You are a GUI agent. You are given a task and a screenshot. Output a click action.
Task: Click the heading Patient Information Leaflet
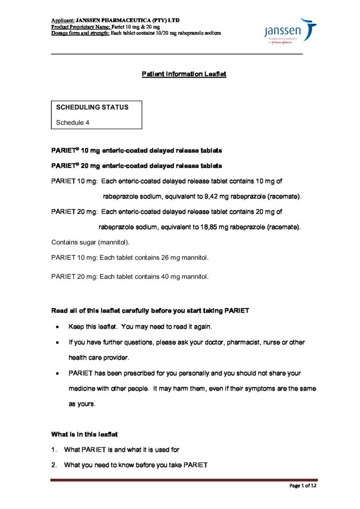pos(184,74)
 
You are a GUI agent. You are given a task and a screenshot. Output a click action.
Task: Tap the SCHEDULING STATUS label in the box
pos(92,107)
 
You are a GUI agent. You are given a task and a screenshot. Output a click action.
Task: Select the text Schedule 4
pos(73,122)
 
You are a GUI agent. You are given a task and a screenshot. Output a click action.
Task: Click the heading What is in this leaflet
pos(85,434)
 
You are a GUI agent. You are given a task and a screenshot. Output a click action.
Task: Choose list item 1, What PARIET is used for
pos(121,450)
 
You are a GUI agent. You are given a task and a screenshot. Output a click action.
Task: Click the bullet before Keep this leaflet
pos(59,327)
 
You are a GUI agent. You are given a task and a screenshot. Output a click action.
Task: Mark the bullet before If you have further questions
pos(59,342)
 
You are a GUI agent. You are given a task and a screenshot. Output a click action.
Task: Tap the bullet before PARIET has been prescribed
pos(59,373)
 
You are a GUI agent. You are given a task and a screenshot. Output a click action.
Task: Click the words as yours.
pos(82,404)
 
